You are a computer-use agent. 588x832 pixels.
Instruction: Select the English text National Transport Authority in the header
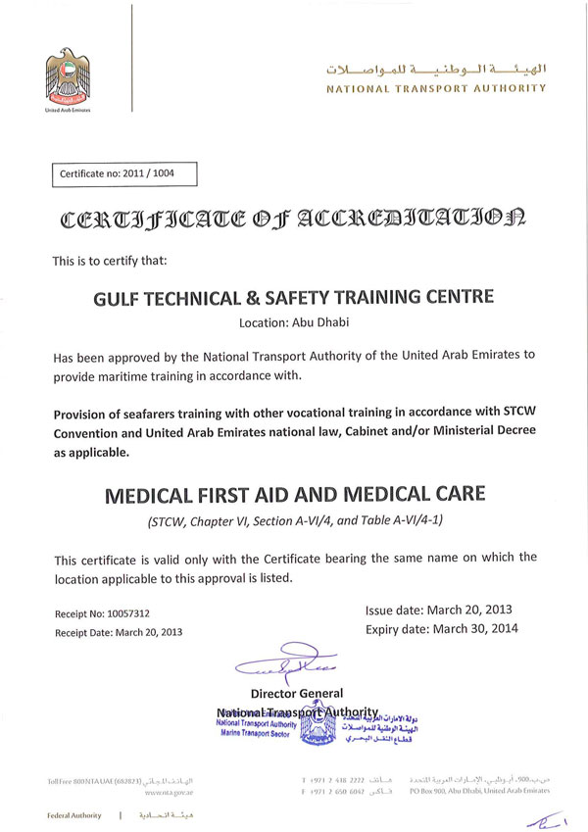436,88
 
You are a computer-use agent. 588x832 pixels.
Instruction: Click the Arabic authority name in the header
436,72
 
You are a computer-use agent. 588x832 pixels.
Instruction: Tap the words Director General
296,694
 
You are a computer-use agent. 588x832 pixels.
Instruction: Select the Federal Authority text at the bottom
74,815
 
